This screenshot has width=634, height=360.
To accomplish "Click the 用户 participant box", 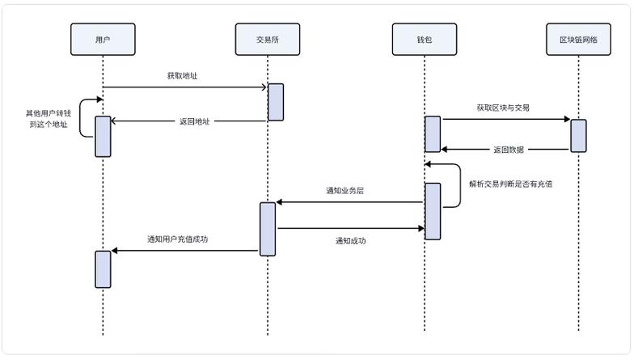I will coord(103,39).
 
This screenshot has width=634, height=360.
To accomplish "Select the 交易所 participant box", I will coord(268,39).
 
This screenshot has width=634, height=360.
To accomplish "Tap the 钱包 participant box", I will coord(425,39).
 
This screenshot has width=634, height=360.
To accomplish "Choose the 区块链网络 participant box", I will coord(579,39).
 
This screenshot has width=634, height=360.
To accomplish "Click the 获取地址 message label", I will coord(182,76).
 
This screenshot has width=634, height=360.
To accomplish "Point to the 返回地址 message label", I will coord(194,121).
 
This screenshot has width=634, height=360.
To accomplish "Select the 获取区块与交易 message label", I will coord(503,108).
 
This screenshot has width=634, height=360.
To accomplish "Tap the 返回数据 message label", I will coord(508,150).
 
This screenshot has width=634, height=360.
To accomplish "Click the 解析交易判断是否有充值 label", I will coord(511,184).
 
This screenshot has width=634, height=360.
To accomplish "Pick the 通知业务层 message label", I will coord(344,191).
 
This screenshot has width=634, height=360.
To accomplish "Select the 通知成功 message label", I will coord(350,240).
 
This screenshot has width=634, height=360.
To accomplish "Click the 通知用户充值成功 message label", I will coord(177,239).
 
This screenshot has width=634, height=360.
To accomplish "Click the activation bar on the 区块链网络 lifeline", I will coord(579,135).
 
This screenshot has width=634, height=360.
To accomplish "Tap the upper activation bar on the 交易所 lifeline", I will coord(276,102).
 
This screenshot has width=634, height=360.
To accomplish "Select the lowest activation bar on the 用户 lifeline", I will coord(103,269).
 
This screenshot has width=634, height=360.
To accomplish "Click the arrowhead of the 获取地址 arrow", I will coord(264,87).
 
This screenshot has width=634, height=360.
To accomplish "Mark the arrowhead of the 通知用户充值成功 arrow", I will coord(115,251).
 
